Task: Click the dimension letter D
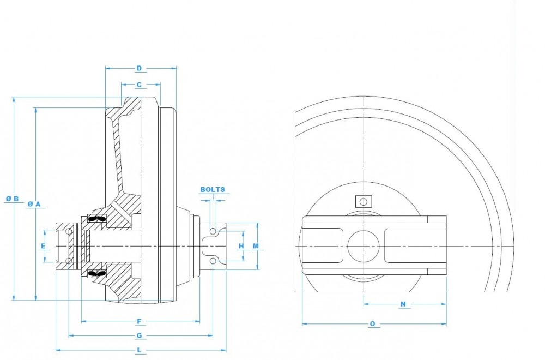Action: [x=139, y=68]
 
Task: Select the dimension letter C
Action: [x=139, y=85]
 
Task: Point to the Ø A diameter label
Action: [x=34, y=203]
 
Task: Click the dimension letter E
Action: [x=43, y=246]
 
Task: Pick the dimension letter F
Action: [x=139, y=321]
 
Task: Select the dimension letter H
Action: [x=241, y=246]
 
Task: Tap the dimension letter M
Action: [x=255, y=246]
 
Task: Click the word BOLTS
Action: [x=213, y=190]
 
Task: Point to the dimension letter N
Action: [x=403, y=304]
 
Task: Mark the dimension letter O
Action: [x=372, y=324]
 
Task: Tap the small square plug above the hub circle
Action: [x=363, y=202]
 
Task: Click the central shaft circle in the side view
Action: [x=363, y=247]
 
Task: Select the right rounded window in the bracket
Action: [x=405, y=247]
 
